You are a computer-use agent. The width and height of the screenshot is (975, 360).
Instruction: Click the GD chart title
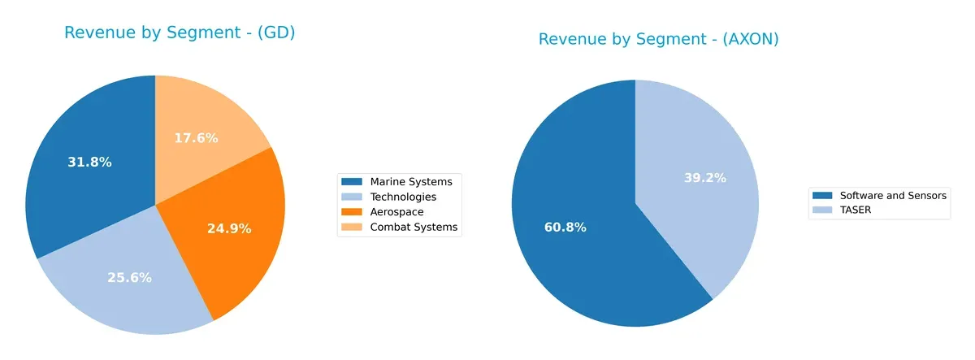coord(179,33)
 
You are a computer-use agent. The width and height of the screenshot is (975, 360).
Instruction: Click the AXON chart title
coord(658,39)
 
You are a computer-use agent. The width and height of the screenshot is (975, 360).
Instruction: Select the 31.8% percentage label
coord(89,162)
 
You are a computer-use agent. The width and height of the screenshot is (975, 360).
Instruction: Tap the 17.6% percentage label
coord(196,138)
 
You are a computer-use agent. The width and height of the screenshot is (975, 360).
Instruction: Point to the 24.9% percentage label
coord(229,228)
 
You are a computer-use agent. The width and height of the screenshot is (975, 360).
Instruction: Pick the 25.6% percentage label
coord(130,277)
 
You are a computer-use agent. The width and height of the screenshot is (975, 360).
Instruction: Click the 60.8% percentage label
coord(565,228)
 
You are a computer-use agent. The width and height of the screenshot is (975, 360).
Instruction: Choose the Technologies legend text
coord(403,197)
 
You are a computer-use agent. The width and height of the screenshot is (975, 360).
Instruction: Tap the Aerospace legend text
coord(396,212)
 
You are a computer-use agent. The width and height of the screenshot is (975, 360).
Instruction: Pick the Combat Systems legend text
coord(414,228)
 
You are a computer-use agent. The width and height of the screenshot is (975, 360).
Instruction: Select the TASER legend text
coord(856,210)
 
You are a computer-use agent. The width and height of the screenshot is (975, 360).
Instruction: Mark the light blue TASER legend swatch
coord(823,210)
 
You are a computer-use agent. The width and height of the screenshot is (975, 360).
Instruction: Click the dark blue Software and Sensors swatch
coord(823,195)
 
